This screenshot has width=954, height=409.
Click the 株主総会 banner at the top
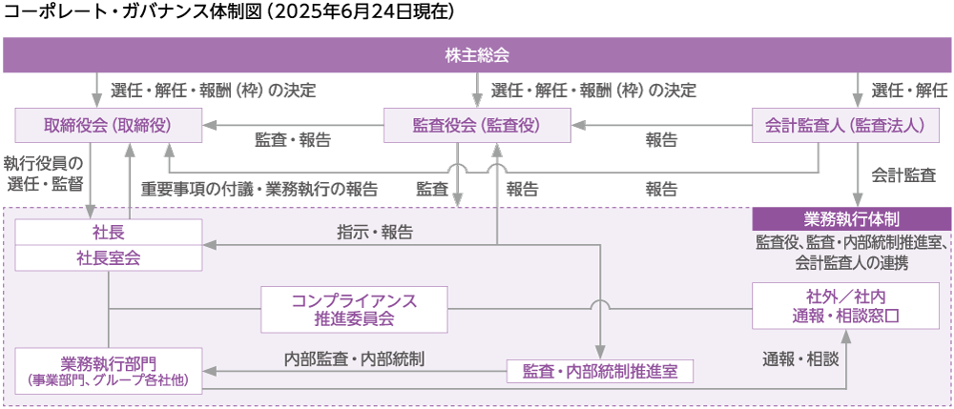pyautogui.click(x=476, y=55)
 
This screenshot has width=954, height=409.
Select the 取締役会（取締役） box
pyautogui.click(x=108, y=125)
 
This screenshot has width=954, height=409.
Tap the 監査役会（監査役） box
pyautogui.click(x=476, y=125)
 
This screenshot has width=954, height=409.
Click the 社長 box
pyautogui.click(x=108, y=232)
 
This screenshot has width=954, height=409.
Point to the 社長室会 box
pyautogui.click(x=108, y=256)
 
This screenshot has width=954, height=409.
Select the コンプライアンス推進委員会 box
pyautogui.click(x=354, y=309)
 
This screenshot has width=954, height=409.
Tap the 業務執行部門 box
pyautogui.click(x=108, y=370)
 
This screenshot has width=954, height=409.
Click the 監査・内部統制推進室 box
pyautogui.click(x=599, y=371)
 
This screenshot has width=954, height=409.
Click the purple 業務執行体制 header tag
pyautogui.click(x=853, y=218)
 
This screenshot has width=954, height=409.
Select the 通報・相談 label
pyautogui.click(x=799, y=358)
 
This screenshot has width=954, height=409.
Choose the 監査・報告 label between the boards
pyautogui.click(x=292, y=140)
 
